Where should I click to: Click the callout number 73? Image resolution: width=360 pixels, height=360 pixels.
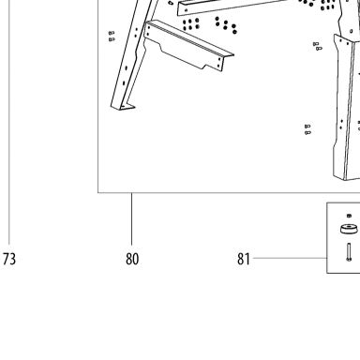(x=9, y=259)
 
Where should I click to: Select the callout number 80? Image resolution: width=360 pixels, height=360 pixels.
(x=132, y=259)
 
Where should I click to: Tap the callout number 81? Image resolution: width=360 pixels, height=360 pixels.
(x=244, y=259)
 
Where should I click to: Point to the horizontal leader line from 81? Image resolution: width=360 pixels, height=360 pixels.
(x=290, y=258)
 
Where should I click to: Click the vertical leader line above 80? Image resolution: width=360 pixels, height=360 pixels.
(x=131, y=218)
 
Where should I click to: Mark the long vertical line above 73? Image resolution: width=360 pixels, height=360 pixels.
(x=8, y=122)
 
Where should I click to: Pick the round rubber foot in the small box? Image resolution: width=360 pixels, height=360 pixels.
(x=349, y=230)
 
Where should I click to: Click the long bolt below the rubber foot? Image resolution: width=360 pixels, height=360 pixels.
(x=349, y=252)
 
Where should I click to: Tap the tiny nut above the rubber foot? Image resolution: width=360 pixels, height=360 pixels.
(x=349, y=216)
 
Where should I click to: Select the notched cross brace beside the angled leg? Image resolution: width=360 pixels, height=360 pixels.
(x=187, y=45)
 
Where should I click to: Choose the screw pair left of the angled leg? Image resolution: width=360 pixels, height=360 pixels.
(x=112, y=37)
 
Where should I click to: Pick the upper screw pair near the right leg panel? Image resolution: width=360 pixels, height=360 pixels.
(x=317, y=46)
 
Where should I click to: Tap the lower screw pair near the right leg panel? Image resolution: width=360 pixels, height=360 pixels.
(x=307, y=129)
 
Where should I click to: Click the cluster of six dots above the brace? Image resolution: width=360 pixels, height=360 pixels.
(x=191, y=24)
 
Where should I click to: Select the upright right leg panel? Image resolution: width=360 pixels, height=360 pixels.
(x=347, y=108)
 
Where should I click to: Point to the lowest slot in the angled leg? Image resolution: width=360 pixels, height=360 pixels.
(x=124, y=83)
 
